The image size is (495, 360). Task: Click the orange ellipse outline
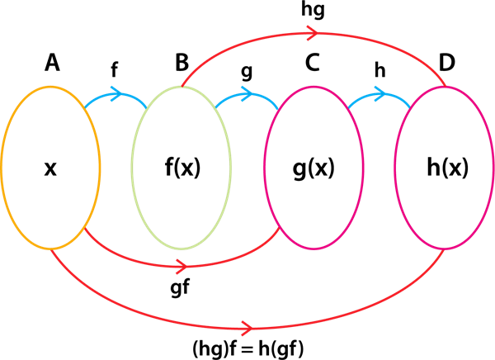pos(2,168)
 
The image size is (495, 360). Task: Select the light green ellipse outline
pos(133,168)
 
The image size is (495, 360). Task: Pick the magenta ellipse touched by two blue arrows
pos(363,168)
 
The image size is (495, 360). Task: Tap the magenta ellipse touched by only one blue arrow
pos(493,168)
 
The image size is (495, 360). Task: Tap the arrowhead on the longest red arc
pos(245,329)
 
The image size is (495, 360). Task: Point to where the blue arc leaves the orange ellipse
pos(84,107)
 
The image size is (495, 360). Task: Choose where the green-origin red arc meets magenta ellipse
pos(445,86)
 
